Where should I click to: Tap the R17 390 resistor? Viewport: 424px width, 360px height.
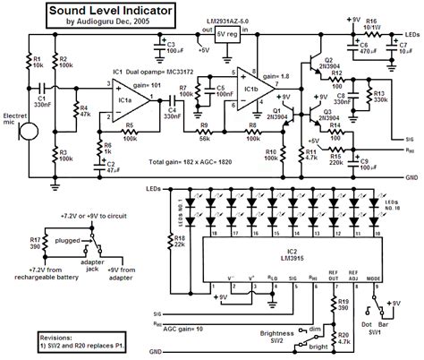(36, 244)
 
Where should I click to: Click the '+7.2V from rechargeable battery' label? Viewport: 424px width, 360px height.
(41, 274)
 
